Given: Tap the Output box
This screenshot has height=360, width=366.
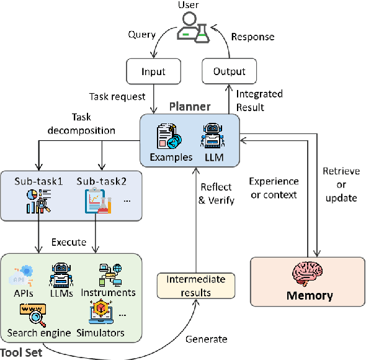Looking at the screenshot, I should [230, 71].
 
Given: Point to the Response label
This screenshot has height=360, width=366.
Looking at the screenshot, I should [252, 37].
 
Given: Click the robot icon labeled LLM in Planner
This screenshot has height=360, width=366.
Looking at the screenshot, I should [213, 136].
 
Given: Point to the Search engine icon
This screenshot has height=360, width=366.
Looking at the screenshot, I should [32, 314].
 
